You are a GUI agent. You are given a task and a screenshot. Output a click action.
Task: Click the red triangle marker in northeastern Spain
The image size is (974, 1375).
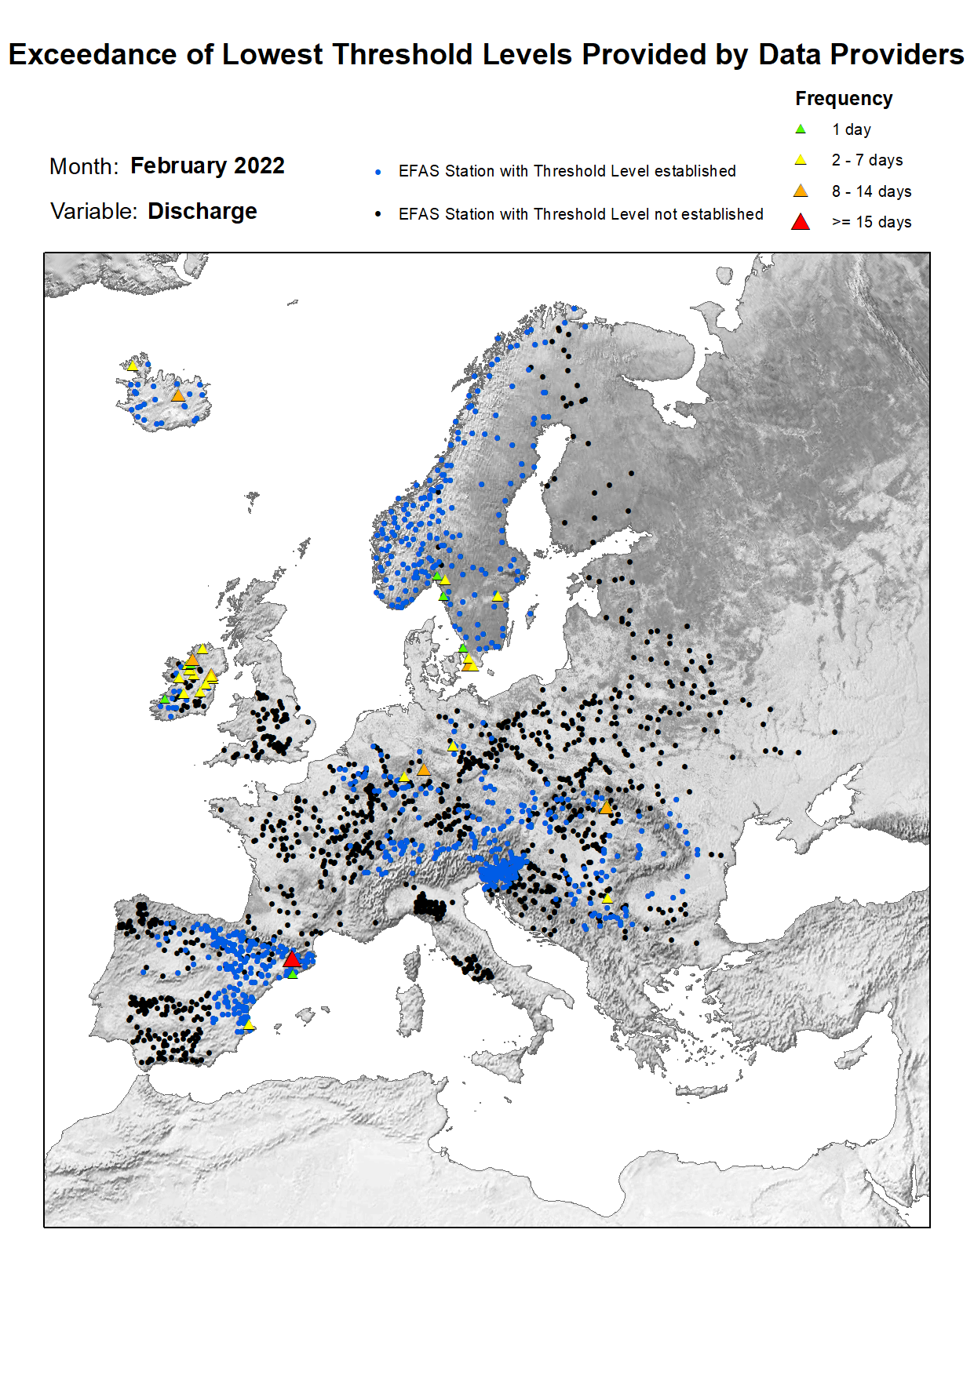[x=292, y=959]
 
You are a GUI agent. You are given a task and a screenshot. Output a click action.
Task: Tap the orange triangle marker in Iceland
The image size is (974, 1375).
[x=178, y=396]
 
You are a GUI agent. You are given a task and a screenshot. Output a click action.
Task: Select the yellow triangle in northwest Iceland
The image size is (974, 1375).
[x=133, y=366]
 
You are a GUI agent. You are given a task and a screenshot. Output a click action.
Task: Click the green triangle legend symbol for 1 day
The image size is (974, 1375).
[x=801, y=129]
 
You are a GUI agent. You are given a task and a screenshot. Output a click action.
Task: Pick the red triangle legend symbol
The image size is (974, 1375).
[x=801, y=222]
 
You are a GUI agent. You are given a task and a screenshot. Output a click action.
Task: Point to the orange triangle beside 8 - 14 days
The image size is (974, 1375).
[x=801, y=191]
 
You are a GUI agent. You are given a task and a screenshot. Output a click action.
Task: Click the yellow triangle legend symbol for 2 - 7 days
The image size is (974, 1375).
[x=801, y=160]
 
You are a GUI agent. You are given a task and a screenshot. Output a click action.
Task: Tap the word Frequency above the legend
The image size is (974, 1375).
[x=844, y=99]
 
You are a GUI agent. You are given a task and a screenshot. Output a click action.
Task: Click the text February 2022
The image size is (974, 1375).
[x=207, y=166]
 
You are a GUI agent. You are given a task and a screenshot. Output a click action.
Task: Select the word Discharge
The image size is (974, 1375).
[x=202, y=212]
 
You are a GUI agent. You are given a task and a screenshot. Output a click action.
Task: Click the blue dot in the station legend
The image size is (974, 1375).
[x=378, y=172]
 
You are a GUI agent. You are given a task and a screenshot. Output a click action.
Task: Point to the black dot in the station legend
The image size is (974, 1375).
[x=378, y=214]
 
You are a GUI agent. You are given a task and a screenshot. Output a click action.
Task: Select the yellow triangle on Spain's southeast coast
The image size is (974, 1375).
[x=249, y=1025]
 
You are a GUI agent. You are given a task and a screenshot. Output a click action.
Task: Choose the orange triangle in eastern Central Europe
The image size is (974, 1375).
[x=606, y=807]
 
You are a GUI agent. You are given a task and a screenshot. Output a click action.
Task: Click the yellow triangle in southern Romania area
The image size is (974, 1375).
[x=607, y=898]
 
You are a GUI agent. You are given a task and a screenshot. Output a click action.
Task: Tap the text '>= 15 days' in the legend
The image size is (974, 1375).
[x=871, y=222]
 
